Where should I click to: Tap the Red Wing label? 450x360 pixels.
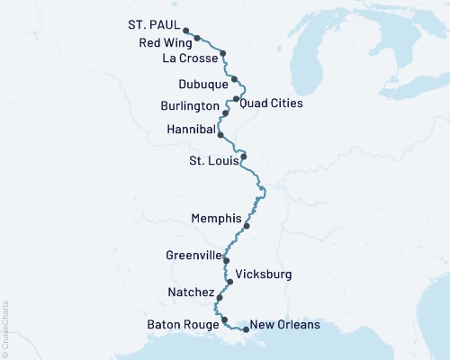[x=164, y=42]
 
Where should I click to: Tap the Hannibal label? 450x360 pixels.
[x=192, y=130]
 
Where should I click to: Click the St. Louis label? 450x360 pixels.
[x=212, y=162]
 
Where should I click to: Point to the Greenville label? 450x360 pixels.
[x=193, y=256]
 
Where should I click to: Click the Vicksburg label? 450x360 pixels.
[x=263, y=274]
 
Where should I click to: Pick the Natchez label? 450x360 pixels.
[x=191, y=292]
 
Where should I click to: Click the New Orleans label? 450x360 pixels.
[x=284, y=325]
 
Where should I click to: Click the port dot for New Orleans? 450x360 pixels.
[x=246, y=329]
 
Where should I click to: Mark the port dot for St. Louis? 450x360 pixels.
[x=243, y=157]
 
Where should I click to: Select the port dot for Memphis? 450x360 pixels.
[x=246, y=226]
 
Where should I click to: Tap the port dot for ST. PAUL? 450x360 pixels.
[x=185, y=30]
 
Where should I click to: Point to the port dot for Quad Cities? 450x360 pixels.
[x=236, y=99]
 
